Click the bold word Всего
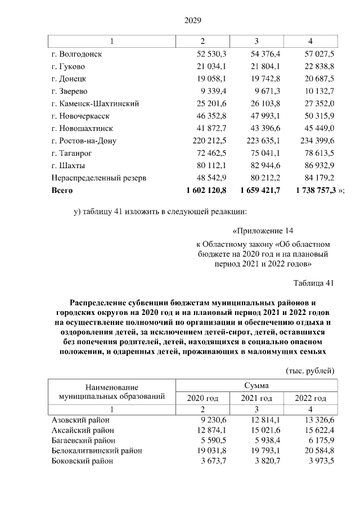[x=62, y=191]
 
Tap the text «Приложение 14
[x=263, y=231]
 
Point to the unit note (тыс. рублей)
[x=310, y=371]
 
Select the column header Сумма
[x=256, y=386]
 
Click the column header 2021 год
[x=256, y=398]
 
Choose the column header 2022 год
[x=310, y=398]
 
